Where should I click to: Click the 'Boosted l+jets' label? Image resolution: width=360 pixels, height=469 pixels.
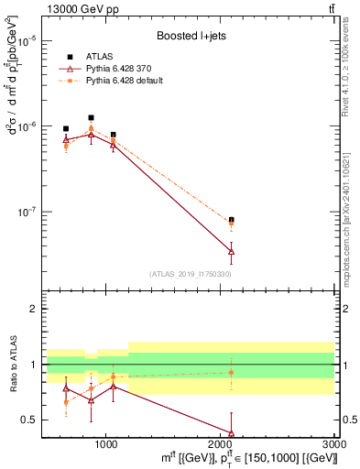[191, 37]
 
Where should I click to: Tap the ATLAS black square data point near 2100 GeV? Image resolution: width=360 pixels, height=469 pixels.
[231, 220]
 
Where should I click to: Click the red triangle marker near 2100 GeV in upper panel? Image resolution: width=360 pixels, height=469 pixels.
[231, 250]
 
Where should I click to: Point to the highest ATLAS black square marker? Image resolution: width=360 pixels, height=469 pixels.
[91, 117]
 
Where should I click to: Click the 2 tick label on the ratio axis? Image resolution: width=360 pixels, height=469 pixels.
[31, 309]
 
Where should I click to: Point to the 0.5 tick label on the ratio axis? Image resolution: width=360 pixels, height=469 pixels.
[27, 420]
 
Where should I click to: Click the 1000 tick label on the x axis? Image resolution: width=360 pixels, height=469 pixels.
[106, 442]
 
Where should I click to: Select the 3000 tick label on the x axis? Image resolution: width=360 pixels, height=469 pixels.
[334, 442]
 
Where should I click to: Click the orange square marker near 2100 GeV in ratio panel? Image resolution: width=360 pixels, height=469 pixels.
[231, 372]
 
